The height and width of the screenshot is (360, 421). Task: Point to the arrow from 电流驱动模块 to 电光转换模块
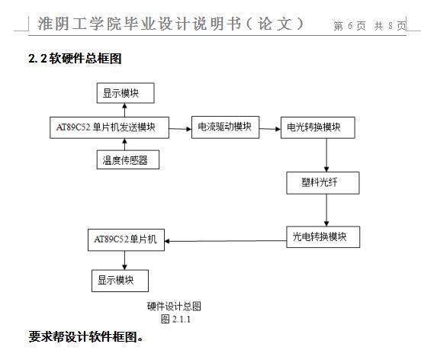pos(270,129)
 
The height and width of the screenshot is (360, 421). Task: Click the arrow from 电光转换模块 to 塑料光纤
pos(326,155)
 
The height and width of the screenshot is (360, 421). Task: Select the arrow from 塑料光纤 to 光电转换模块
pos(326,211)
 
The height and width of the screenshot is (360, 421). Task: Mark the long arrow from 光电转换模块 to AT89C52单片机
pos(226,241)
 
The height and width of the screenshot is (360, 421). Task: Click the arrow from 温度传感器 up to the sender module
pos(124,144)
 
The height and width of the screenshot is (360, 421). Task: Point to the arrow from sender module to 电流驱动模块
pos(180,129)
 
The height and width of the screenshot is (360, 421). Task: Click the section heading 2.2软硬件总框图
pos(75,59)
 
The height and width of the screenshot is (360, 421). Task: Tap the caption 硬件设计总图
pos(174,306)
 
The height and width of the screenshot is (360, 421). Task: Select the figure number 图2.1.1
pos(175,319)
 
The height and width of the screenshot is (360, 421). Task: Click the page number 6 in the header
pos(350,26)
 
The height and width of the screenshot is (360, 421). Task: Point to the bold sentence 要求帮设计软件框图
pos(85,336)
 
